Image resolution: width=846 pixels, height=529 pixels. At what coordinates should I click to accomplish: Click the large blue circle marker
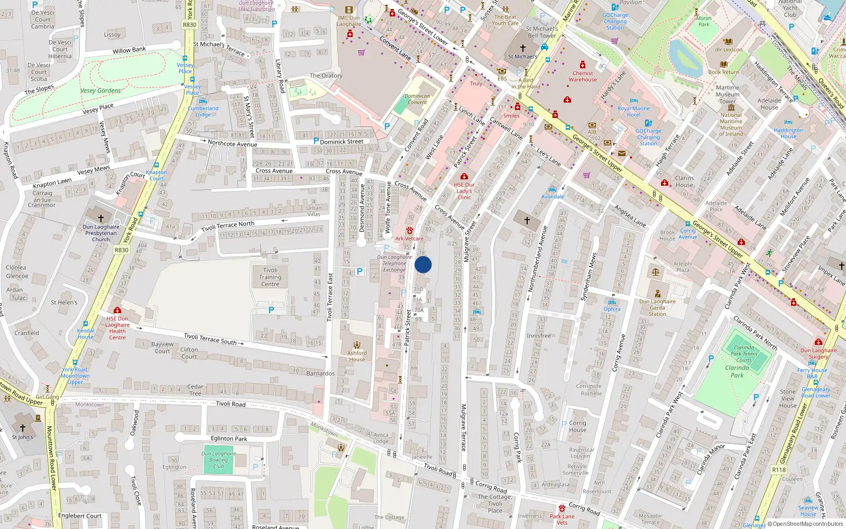tap(423, 264)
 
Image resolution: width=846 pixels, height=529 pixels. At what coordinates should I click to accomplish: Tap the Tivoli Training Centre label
tap(270, 277)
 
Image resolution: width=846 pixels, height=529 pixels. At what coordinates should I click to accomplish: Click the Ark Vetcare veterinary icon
tap(409, 231)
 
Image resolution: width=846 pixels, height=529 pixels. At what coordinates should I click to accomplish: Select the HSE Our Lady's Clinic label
tap(464, 191)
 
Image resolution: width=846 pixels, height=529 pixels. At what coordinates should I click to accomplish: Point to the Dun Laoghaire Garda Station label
tap(657, 307)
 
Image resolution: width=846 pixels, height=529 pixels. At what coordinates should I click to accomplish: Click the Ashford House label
tap(357, 356)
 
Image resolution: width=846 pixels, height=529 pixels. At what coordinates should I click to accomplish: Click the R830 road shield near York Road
tap(122, 250)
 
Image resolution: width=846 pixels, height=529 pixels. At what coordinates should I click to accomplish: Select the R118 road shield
tap(779, 470)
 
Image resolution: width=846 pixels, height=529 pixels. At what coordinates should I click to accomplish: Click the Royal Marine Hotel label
tap(633, 112)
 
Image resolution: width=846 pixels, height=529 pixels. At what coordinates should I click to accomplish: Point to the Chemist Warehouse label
tap(583, 77)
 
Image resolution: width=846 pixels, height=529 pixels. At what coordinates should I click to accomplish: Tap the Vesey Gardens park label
tap(100, 90)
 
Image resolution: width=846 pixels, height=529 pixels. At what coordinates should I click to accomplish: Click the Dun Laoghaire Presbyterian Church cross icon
tap(100, 218)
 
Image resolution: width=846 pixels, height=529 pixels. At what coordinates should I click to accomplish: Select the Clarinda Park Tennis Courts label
tap(744, 354)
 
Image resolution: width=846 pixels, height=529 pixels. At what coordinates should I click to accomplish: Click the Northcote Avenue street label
tap(232, 144)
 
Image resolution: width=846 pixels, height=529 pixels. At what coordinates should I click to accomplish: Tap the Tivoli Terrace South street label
tap(210, 339)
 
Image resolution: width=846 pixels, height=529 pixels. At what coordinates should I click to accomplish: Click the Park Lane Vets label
tap(562, 519)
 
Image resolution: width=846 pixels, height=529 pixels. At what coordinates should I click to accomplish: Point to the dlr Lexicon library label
tap(729, 50)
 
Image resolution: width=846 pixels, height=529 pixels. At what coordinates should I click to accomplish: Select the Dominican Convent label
tap(417, 99)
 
